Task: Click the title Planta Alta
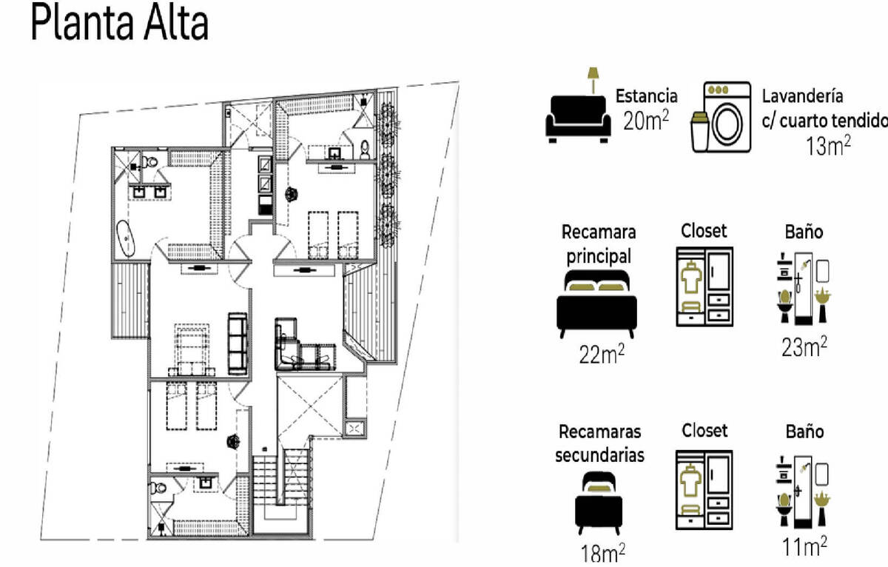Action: (x=120, y=22)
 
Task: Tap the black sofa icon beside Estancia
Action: (x=578, y=119)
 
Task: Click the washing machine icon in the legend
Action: (x=727, y=116)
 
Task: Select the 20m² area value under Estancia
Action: (x=646, y=121)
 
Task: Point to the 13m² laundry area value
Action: (x=828, y=146)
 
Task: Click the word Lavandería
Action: (x=802, y=96)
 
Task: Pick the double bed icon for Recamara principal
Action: (x=596, y=303)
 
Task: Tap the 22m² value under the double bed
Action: (x=602, y=354)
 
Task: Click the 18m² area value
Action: (x=602, y=553)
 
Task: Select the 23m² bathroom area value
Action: (x=804, y=347)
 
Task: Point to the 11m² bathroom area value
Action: (x=804, y=547)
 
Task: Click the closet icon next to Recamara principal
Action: (x=704, y=286)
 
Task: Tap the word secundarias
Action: (x=599, y=454)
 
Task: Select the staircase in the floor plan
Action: (x=280, y=481)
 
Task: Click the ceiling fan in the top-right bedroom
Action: (x=292, y=194)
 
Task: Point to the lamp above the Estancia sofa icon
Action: (x=593, y=81)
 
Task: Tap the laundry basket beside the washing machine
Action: (x=700, y=132)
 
